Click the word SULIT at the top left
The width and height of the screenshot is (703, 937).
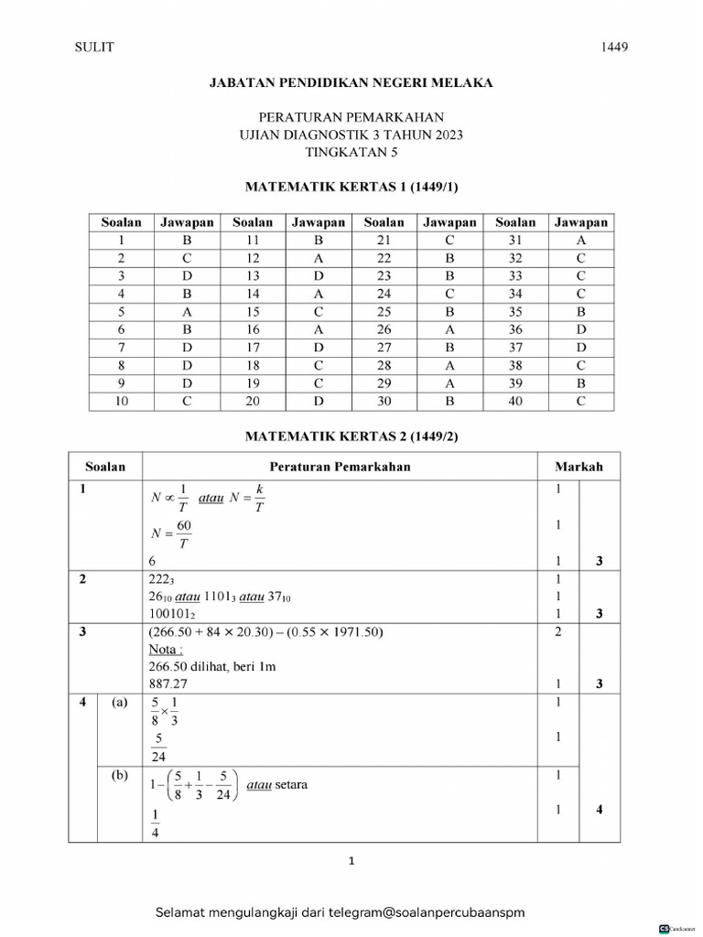coord(93,48)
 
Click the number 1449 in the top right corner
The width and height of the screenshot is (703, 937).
coord(614,48)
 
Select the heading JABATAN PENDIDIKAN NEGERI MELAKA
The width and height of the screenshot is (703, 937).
coord(351,82)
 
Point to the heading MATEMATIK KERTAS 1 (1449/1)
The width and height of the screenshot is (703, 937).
coord(351,187)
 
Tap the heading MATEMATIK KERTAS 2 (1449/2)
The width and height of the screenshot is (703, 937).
coord(351,436)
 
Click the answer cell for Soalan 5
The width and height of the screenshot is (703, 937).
coord(187,312)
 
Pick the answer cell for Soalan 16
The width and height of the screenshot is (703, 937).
coord(319,329)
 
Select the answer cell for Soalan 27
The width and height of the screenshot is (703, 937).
coord(449,348)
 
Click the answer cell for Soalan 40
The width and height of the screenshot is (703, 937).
coord(580,402)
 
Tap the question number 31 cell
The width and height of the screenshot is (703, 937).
coord(515,240)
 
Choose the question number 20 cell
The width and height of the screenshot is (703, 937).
coord(253,402)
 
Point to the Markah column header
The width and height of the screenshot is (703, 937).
coord(579,467)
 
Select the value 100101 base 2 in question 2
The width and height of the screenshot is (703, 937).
coord(173,615)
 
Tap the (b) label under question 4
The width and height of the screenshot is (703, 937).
coord(120,776)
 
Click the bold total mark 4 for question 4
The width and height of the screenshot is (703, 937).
coord(600,809)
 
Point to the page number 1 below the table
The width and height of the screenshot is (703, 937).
coord(351,861)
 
